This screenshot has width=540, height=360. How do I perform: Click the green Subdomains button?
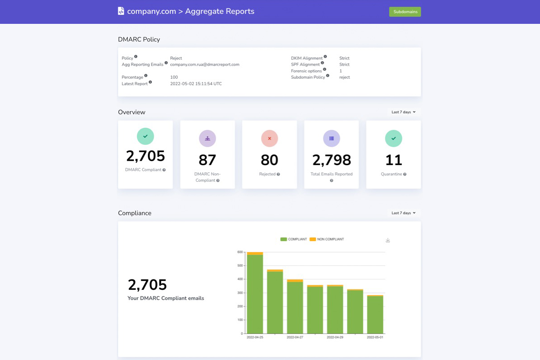(405, 12)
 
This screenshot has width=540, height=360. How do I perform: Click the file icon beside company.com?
(121, 11)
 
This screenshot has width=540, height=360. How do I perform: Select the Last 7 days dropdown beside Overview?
(403, 112)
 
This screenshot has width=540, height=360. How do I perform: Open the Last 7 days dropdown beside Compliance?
(403, 213)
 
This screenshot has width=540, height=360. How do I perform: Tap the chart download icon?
(388, 240)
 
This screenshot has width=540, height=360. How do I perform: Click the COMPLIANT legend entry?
(294, 239)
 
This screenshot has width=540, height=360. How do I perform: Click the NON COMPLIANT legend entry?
(327, 239)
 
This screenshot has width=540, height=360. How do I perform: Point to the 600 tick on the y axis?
(240, 252)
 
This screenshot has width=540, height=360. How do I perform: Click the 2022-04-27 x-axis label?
(295, 337)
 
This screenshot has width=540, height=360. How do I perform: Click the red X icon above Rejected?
(269, 138)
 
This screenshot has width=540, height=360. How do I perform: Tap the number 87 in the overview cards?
(207, 160)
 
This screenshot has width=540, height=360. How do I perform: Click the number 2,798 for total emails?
(331, 160)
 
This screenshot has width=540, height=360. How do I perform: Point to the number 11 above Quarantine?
(393, 160)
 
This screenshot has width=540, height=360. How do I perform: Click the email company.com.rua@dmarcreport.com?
(205, 64)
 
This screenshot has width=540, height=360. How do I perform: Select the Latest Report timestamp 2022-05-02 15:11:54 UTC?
(196, 84)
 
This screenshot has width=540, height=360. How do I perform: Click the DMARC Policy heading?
(139, 39)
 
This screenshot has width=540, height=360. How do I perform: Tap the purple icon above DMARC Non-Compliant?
(207, 138)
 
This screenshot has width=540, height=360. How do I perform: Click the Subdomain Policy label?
(308, 77)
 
